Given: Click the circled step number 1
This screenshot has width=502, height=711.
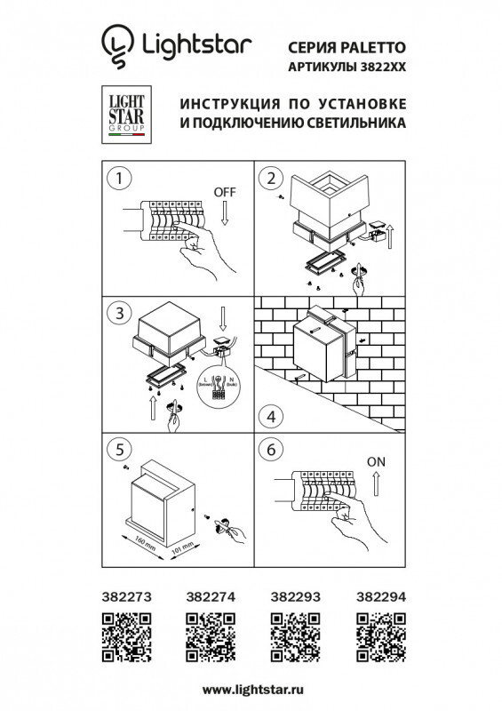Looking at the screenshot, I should click(x=115, y=178).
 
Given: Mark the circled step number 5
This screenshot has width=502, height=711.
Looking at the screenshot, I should click(x=115, y=449).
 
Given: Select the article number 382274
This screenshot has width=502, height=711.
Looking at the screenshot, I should click(x=207, y=599).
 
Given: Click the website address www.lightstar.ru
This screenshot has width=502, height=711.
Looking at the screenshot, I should click(x=251, y=690).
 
